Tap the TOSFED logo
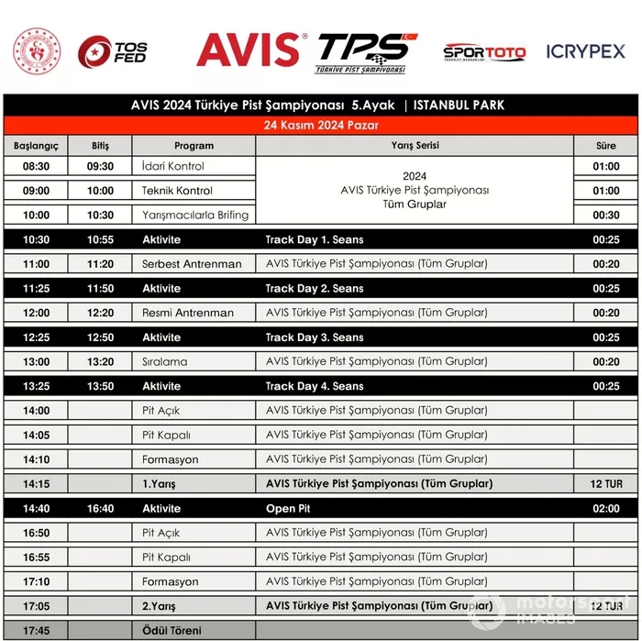(112, 51)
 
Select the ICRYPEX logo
(585, 51)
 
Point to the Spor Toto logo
(484, 52)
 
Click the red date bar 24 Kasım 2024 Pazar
(321, 124)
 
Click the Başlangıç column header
(36, 145)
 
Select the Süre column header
(606, 145)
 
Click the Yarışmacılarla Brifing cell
(194, 216)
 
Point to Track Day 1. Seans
(315, 240)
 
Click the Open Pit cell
(282, 508)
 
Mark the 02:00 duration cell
(606, 508)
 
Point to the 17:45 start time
(36, 630)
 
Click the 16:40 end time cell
(100, 508)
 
